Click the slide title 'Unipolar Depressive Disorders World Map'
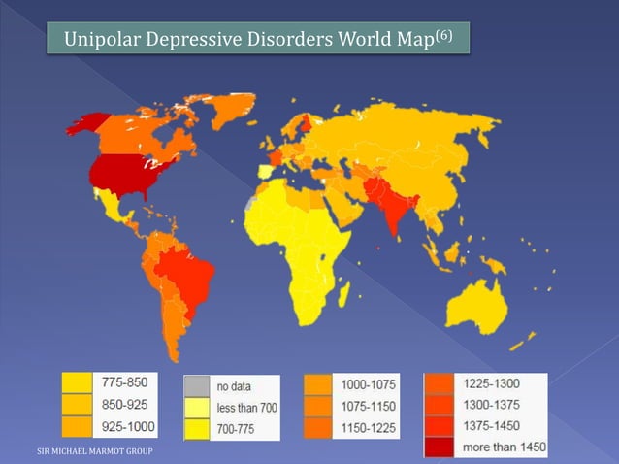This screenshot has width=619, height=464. [x=250, y=41]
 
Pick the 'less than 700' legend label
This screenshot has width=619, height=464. [x=247, y=407]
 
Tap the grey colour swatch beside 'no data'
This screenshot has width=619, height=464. [x=198, y=387]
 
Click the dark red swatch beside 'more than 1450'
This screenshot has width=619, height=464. [x=440, y=447]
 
